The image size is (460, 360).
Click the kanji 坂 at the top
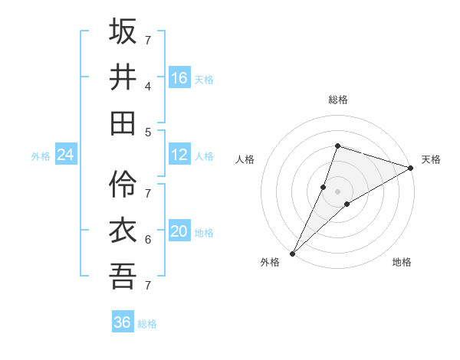(x=123, y=31)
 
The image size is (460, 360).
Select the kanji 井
(x=123, y=77)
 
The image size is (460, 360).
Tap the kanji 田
(x=123, y=123)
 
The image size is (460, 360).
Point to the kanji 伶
(x=123, y=184)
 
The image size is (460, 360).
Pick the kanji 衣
(x=123, y=230)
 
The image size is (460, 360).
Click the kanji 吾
(x=123, y=276)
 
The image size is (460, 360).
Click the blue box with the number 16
(x=179, y=78)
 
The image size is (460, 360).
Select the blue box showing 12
(x=179, y=155)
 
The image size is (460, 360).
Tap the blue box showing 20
(x=179, y=231)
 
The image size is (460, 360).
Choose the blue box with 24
(x=66, y=155)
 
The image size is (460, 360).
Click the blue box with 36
(x=123, y=322)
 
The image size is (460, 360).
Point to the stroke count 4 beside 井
(x=148, y=86)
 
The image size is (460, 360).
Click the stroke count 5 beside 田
(x=148, y=132)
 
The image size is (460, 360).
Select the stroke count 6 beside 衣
(x=148, y=239)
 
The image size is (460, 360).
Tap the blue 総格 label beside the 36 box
(x=147, y=324)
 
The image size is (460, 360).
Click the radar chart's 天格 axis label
(x=431, y=159)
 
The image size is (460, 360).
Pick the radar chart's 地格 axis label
(x=402, y=262)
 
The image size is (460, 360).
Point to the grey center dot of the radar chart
(x=337, y=191)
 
